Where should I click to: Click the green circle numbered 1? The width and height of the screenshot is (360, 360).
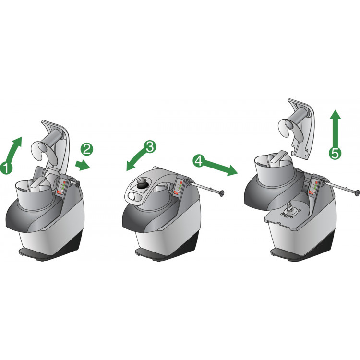point(6,168)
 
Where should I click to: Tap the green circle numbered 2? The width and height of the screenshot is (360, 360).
point(87,149)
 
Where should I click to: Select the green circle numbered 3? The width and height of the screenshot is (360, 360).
point(150,147)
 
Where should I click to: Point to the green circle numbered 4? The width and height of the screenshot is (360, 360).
point(199,160)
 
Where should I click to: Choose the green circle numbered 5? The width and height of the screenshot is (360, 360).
point(335,153)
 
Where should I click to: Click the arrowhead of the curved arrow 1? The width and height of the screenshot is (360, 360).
point(17,141)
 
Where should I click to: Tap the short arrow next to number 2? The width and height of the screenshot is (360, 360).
point(83,165)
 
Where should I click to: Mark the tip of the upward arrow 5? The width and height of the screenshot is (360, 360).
point(336,110)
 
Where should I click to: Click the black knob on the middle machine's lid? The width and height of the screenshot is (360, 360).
point(143,184)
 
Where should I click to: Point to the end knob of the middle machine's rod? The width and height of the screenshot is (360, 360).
point(222,193)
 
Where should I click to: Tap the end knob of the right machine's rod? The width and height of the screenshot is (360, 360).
point(357,193)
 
